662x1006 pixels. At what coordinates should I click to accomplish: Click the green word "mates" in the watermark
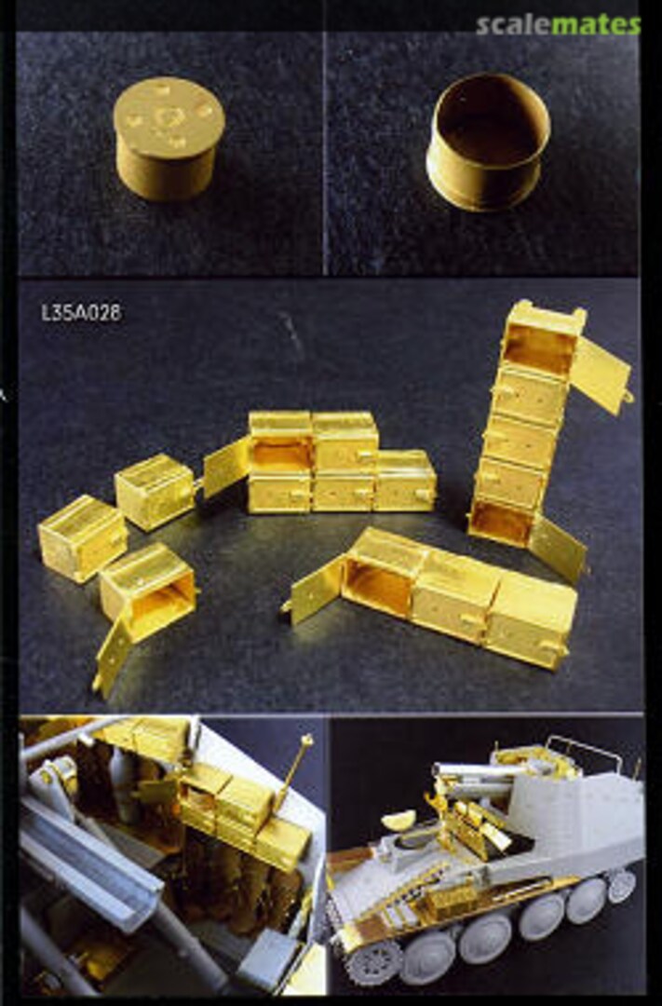point(596,25)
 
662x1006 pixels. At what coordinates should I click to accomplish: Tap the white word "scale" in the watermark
point(514,25)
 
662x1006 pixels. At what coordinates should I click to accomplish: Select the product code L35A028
point(81,312)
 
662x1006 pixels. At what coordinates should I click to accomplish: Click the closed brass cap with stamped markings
point(169,137)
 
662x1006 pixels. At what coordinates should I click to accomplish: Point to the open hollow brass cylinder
point(489,143)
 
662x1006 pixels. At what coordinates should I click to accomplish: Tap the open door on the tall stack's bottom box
point(558,549)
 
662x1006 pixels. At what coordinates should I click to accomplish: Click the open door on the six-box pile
point(226,466)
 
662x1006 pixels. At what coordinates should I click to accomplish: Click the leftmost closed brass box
point(83,538)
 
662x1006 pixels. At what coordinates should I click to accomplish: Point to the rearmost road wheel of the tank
point(622,886)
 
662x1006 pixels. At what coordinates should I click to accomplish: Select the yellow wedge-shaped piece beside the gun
point(398,820)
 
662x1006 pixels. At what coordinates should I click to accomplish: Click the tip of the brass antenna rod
point(306,741)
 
